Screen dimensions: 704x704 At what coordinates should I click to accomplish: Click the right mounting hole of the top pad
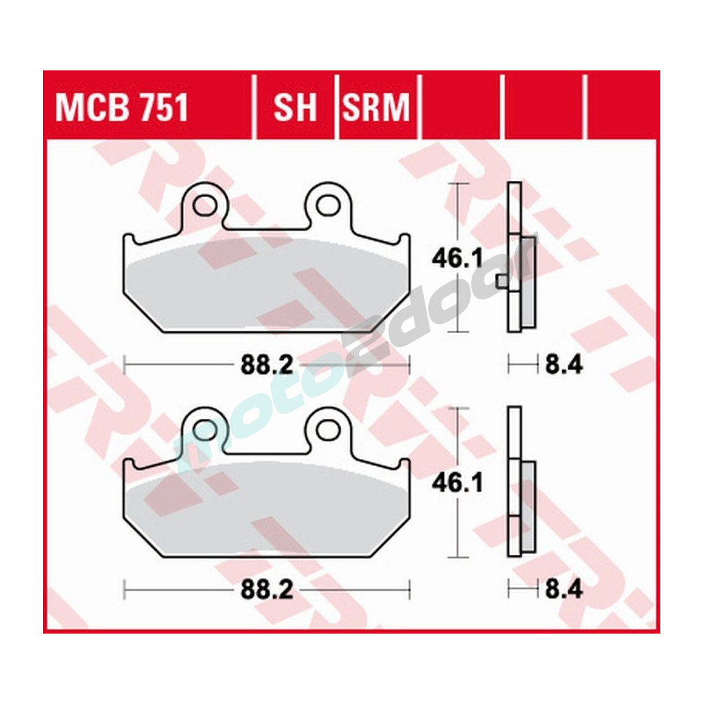327,206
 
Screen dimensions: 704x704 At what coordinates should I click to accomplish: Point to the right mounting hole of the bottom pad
327,429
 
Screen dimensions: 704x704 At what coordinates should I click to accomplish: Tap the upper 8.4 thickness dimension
563,365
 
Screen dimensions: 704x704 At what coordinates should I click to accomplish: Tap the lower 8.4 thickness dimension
563,589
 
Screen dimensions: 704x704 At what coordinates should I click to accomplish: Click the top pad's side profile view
516,257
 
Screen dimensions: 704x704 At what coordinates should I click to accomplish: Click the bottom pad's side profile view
516,481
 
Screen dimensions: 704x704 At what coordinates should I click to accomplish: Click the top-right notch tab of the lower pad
403,464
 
